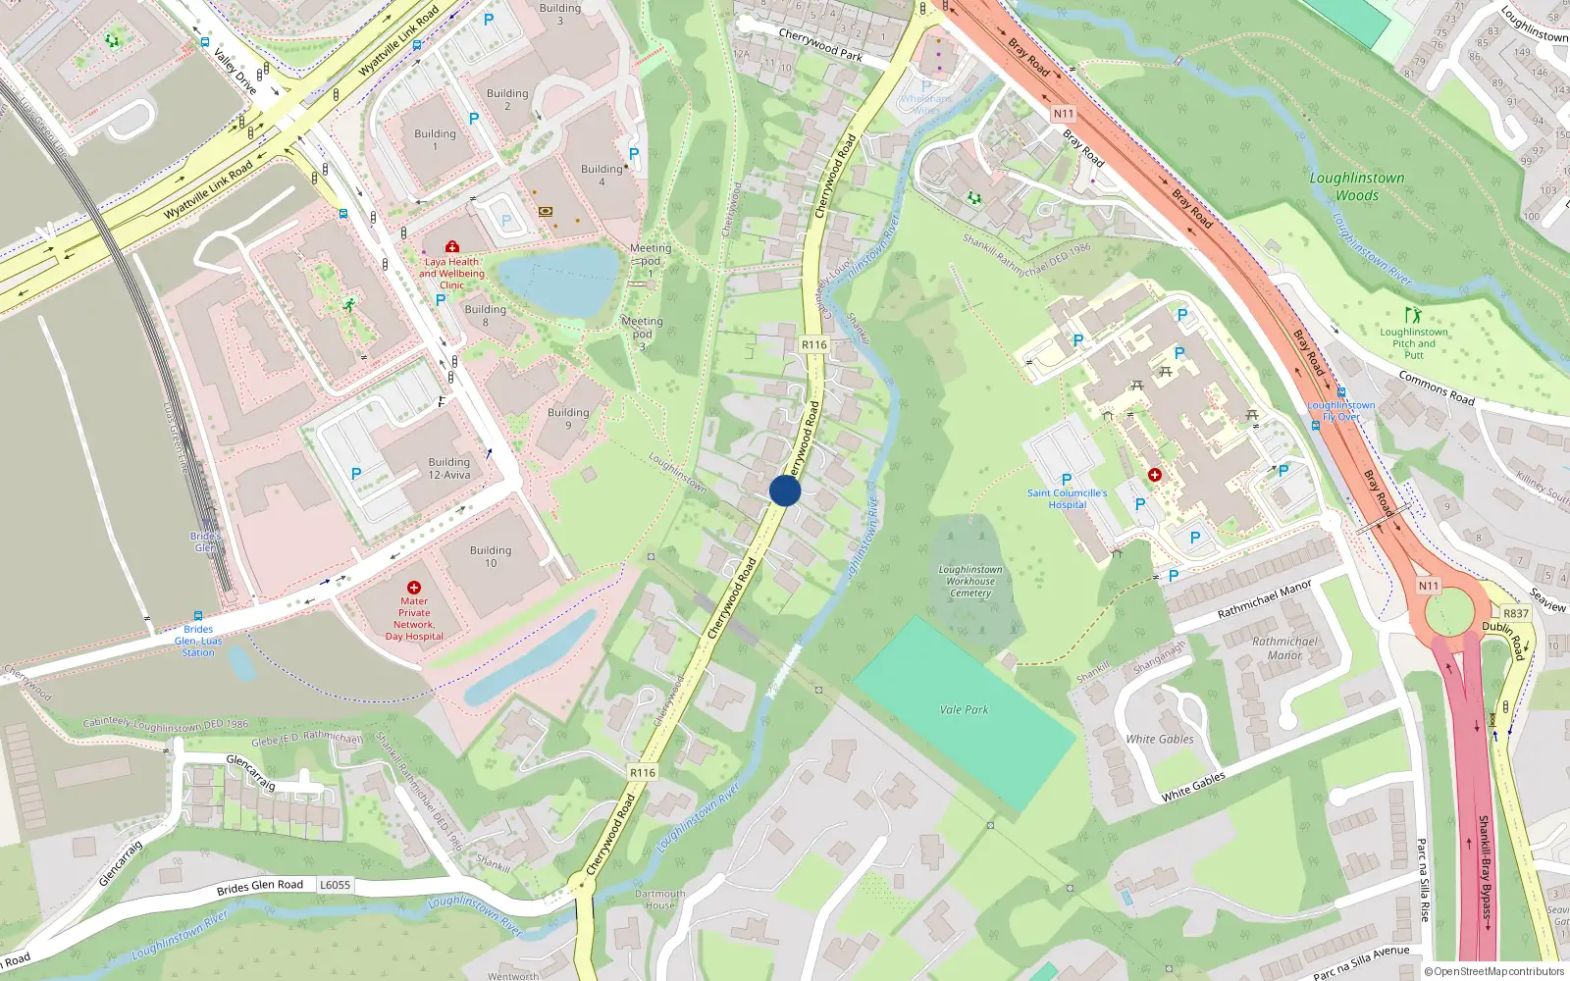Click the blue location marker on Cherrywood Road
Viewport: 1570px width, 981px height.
785,490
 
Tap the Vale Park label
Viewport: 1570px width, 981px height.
964,709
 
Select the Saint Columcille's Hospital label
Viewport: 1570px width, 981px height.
1067,498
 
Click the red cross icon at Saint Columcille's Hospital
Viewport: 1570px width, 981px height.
1155,475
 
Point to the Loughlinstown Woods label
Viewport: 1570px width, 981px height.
1357,186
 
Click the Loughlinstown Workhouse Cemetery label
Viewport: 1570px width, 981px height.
970,581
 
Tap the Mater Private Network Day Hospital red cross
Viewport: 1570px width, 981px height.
414,588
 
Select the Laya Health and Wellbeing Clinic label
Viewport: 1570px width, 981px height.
451,274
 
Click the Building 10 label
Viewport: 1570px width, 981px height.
491,556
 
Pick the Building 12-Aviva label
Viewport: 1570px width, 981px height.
448,468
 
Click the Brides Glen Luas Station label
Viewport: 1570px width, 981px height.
198,641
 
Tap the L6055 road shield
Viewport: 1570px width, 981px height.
335,885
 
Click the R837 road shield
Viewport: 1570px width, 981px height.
1515,613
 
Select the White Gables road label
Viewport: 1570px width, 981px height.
1193,786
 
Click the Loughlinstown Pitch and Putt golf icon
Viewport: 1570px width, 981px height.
1413,316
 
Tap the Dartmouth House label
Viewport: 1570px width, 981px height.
660,899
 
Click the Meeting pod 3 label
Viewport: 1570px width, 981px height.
642,334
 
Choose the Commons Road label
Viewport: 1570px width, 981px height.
1437,387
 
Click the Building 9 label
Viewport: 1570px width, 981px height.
568,418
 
